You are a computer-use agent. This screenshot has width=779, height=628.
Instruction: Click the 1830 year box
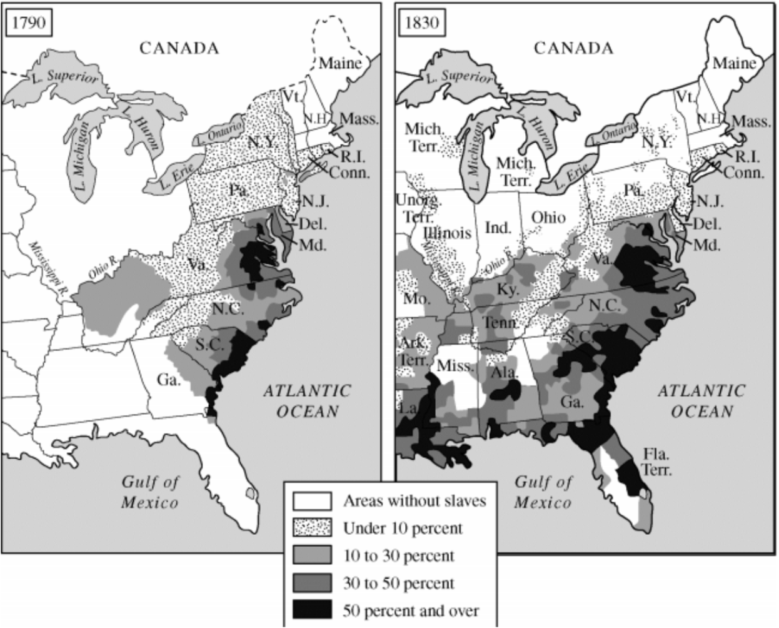(x=421, y=23)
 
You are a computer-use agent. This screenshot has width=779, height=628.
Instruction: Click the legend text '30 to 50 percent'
(x=398, y=583)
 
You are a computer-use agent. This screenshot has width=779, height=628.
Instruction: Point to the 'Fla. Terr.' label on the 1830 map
(x=656, y=462)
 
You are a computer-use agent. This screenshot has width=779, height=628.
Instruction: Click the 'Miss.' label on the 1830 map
(x=455, y=365)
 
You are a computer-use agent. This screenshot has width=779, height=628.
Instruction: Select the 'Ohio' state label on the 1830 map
(x=548, y=217)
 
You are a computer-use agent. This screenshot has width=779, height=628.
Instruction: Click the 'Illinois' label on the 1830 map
(x=447, y=233)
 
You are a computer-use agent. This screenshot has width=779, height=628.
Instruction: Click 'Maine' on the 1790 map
(x=340, y=63)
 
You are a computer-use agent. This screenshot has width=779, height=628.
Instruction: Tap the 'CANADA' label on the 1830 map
(x=573, y=48)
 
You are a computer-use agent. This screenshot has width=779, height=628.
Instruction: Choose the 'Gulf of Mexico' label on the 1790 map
(x=149, y=492)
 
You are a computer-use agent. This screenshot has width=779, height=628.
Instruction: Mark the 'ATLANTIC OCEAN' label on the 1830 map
(x=701, y=401)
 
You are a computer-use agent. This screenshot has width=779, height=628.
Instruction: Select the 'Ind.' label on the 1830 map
(x=498, y=227)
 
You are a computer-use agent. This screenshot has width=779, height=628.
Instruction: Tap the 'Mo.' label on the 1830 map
(x=416, y=298)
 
